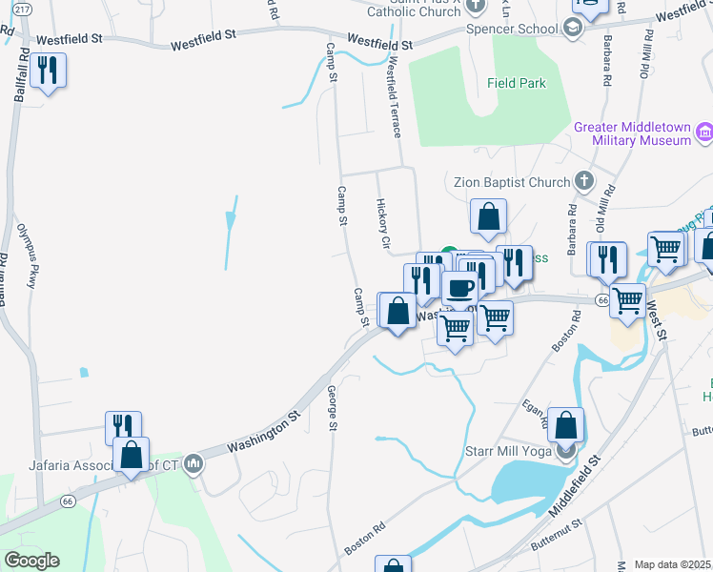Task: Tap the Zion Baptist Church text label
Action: pyautogui.click(x=509, y=182)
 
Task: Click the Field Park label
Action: pyautogui.click(x=517, y=83)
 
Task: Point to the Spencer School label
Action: pyautogui.click(x=511, y=29)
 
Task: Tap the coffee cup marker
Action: pyautogui.click(x=460, y=288)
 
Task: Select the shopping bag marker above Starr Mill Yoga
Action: pyautogui.click(x=565, y=425)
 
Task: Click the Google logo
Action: pyautogui.click(x=31, y=561)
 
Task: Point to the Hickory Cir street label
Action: pyautogui.click(x=384, y=225)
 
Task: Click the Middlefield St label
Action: pyautogui.click(x=575, y=486)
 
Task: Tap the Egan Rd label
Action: pyautogui.click(x=533, y=412)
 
